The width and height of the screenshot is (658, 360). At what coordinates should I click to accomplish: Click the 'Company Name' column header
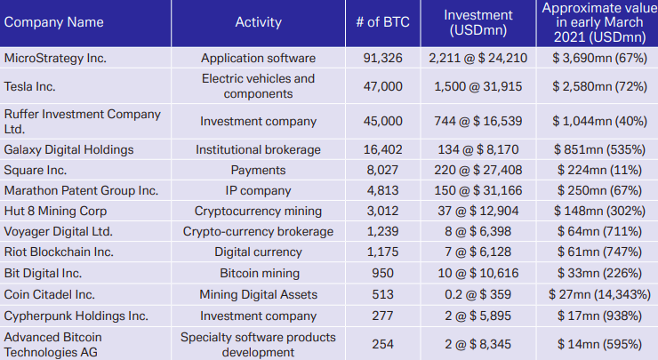[53, 22]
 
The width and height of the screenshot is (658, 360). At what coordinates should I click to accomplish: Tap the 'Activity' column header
[258, 22]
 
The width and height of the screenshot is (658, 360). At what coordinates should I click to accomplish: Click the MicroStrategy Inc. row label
[54, 59]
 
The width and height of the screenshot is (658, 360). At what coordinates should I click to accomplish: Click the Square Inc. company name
[36, 170]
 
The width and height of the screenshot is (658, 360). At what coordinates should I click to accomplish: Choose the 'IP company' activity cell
[258, 190]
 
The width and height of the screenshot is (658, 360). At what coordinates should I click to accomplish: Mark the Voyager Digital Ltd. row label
[59, 231]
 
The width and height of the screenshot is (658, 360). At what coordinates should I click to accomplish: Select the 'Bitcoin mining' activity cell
[258, 273]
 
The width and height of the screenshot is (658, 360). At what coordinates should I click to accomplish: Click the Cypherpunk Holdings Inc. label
[76, 315]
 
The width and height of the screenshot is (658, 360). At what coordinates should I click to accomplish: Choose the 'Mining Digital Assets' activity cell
[258, 294]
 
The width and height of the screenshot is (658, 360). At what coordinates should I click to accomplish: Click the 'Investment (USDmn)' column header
[478, 22]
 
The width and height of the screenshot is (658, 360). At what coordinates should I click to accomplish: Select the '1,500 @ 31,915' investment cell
[478, 86]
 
